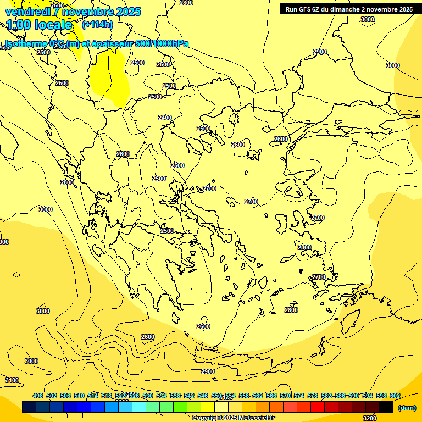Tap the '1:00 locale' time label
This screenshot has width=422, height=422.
pyautogui.click(x=40, y=25)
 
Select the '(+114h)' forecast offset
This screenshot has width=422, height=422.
pyautogui.click(x=97, y=24)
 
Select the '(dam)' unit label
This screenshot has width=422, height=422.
pyautogui.click(x=407, y=408)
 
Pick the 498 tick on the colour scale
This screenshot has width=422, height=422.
pyautogui.click(x=38, y=396)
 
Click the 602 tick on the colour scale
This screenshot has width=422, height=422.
pyautogui.click(x=395, y=396)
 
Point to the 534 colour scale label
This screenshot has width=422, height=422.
pyautogui.click(x=162, y=396)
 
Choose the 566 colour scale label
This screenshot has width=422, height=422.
pyautogui.click(x=271, y=396)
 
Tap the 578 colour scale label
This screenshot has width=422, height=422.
pyautogui.click(x=313, y=396)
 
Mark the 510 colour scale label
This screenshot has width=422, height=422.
pyautogui.click(x=79, y=396)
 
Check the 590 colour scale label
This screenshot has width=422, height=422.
pyautogui.click(x=354, y=396)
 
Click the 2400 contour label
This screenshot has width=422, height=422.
pyautogui.click(x=165, y=118)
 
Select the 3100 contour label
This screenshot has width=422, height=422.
pyautogui.click(x=12, y=380)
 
